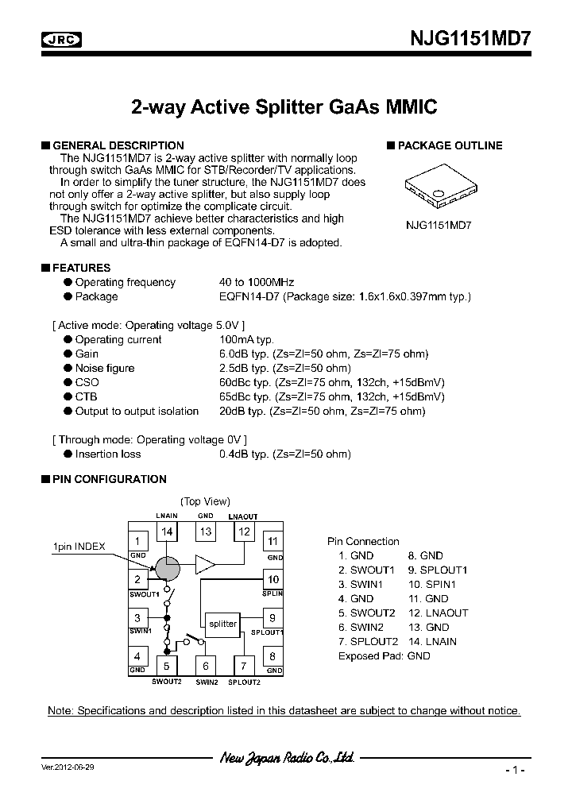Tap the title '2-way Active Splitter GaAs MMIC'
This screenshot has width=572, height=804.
coord(284,107)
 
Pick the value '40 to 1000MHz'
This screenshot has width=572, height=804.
coord(257,282)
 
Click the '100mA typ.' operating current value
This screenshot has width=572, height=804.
coord(246,339)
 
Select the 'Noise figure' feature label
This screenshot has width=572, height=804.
coord(104,368)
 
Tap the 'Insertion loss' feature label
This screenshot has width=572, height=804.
coord(107,454)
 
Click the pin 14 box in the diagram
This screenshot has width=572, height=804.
coord(167,531)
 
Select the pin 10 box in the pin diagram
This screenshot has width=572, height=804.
coord(272,580)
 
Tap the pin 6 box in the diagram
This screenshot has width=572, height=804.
coord(206,666)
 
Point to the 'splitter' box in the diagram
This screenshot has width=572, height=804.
coord(222,624)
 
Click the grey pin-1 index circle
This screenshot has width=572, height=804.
coord(167,567)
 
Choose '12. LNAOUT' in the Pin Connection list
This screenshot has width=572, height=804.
coord(438,613)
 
